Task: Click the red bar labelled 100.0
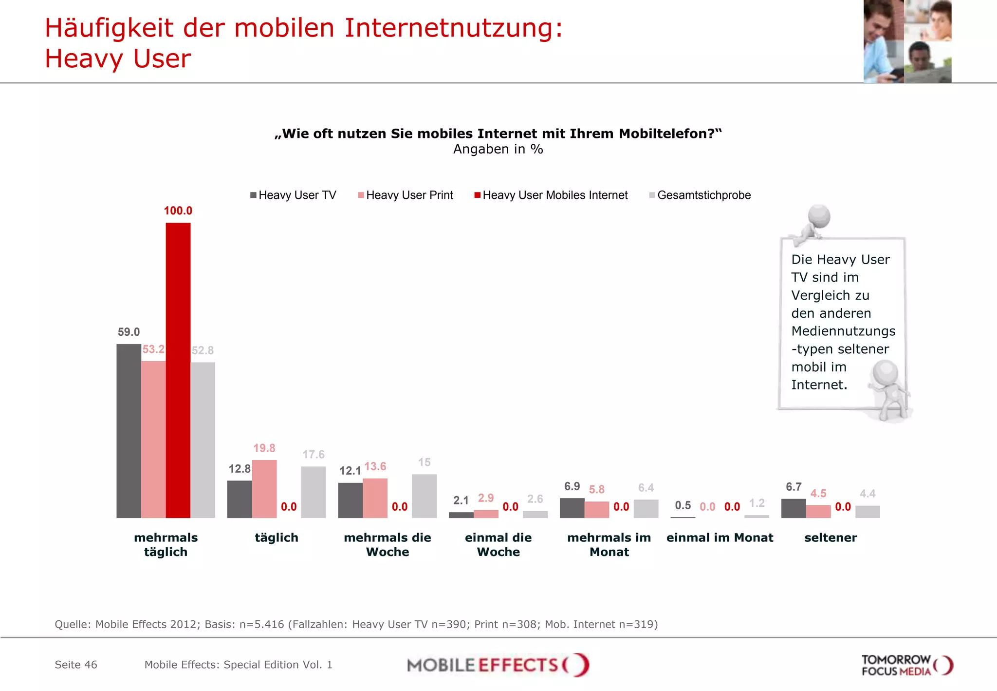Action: (x=178, y=370)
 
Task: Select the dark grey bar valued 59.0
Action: (x=129, y=431)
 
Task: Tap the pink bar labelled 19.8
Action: (x=264, y=489)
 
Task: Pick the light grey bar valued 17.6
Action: (x=313, y=492)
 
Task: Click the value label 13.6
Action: (x=375, y=466)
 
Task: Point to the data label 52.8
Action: (x=203, y=350)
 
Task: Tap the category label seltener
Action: (x=831, y=537)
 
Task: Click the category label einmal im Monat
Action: (x=720, y=537)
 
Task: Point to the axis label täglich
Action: (x=277, y=537)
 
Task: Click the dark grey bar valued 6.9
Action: (x=572, y=508)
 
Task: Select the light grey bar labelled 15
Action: (x=424, y=496)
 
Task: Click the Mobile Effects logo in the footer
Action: (x=498, y=665)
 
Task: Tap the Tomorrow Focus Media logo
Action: (x=906, y=665)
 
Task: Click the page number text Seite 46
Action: (x=76, y=665)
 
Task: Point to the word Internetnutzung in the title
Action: (x=453, y=28)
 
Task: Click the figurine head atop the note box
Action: (x=819, y=216)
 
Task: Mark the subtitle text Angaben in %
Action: (x=498, y=149)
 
